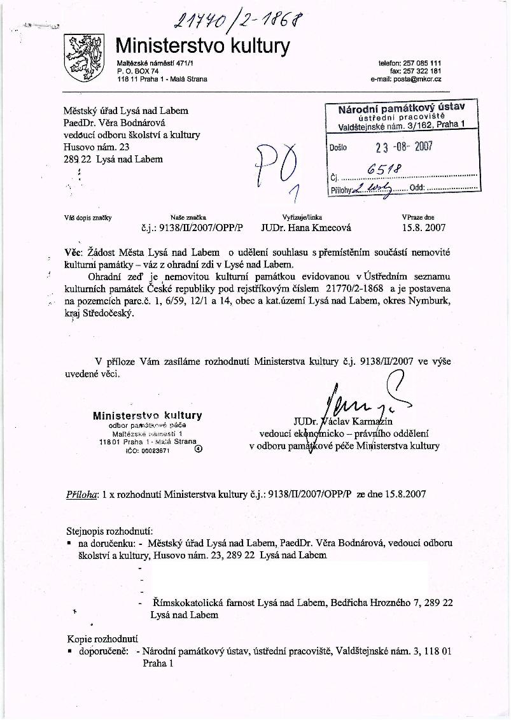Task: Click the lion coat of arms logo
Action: tap(85, 55)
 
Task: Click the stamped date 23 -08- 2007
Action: tap(403, 146)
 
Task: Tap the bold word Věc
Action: tap(75, 253)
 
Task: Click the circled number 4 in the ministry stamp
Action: tap(198, 448)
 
